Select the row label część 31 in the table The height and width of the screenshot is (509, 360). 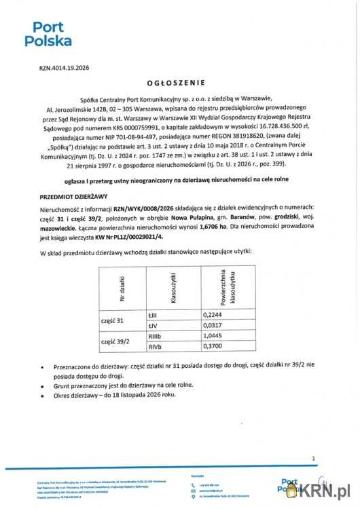[112, 320]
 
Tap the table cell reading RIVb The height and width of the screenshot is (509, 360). [156, 347]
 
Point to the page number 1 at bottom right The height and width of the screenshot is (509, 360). [313, 459]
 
